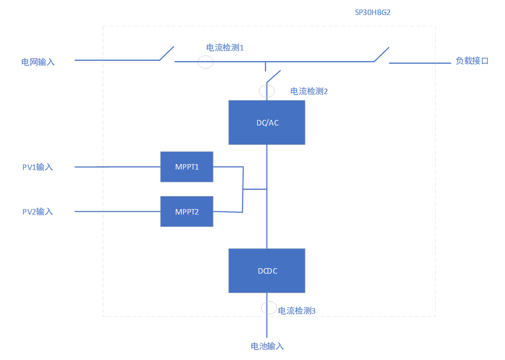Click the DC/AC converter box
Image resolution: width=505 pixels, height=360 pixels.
click(266, 122)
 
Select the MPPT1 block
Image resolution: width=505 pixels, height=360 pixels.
click(187, 167)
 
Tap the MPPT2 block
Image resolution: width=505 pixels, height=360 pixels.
click(187, 211)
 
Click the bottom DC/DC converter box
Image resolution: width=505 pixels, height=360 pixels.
click(266, 271)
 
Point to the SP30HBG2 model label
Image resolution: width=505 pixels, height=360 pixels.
click(373, 13)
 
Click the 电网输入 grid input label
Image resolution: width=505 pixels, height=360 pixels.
click(38, 62)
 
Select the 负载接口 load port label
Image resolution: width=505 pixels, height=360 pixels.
click(472, 61)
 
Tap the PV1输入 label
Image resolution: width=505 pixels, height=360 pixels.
click(38, 167)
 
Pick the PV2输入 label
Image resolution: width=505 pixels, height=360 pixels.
click(38, 212)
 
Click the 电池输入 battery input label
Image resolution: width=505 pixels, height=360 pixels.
click(267, 346)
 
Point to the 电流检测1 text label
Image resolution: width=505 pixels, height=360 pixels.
click(225, 47)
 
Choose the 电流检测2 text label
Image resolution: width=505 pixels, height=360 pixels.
click(309, 91)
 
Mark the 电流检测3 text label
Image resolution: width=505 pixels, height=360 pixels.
click(296, 311)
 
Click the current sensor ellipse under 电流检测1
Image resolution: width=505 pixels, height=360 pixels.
click(205, 62)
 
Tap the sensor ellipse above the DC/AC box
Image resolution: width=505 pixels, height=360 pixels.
click(267, 90)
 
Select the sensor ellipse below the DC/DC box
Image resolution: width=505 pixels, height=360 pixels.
click(269, 308)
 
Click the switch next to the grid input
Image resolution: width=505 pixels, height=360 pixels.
click(167, 53)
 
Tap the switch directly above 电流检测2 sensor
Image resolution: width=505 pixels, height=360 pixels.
click(273, 76)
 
